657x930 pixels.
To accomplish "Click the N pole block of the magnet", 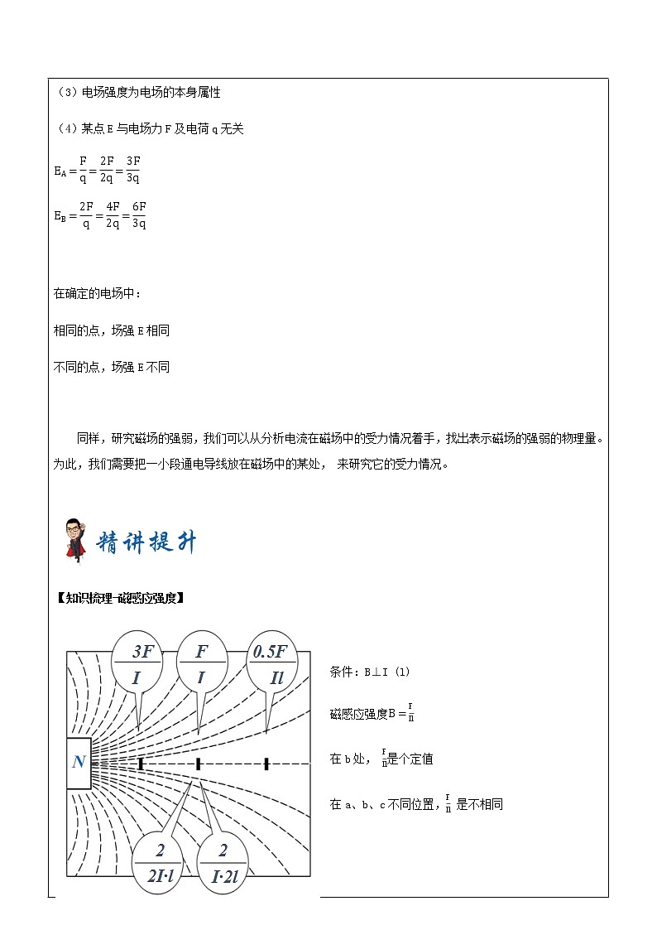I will tap(79, 762).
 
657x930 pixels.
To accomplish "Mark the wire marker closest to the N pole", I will tap(141, 764).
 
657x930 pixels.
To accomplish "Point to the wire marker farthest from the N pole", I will tap(266, 764).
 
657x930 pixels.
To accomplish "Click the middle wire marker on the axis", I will tap(199, 764).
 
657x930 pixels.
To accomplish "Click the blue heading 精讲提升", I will tap(147, 543).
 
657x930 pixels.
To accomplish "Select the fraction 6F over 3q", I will tap(138, 214).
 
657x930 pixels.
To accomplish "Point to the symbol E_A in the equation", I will tap(60, 171).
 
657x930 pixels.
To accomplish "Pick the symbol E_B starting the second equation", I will tap(60, 215).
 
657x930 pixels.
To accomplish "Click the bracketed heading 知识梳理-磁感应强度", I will tap(118, 598).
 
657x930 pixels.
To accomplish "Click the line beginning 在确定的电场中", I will tap(98, 293).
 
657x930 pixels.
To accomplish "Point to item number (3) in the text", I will tap(63, 93).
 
